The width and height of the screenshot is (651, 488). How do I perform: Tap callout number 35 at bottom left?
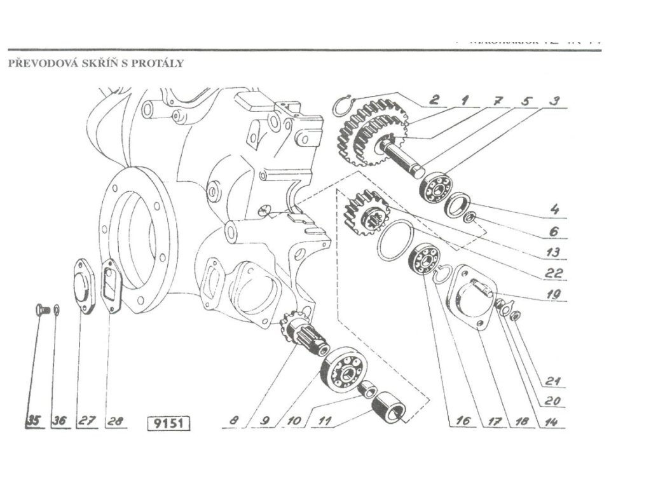[x=33, y=421]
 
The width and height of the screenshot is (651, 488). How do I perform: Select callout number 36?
[x=60, y=421]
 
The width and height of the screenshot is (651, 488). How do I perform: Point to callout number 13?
[x=553, y=252]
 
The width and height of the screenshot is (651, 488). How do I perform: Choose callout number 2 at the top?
[x=434, y=99]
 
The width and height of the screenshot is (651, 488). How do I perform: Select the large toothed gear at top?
[x=357, y=135]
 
